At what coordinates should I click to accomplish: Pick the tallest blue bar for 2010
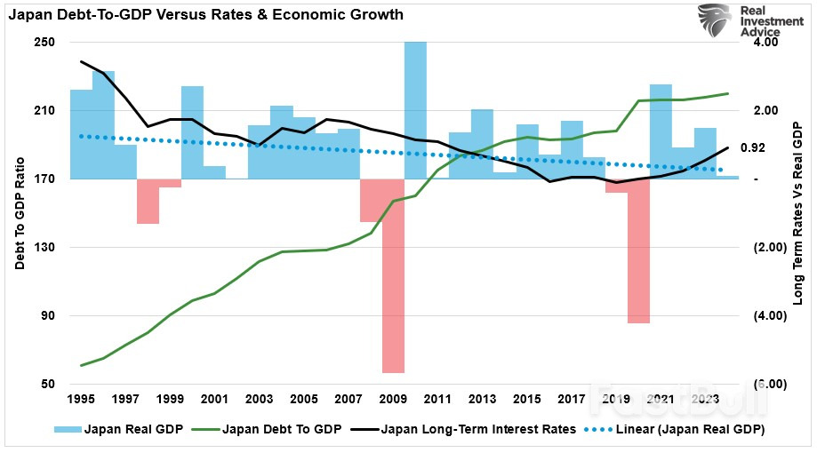point(415,110)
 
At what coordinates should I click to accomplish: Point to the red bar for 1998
point(148,201)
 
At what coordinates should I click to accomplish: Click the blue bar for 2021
point(661,131)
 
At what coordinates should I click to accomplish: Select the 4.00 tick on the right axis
point(765,43)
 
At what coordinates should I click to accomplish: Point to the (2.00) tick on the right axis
point(765,248)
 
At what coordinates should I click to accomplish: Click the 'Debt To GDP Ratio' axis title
point(20,213)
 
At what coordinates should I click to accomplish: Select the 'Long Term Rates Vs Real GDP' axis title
point(797,213)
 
